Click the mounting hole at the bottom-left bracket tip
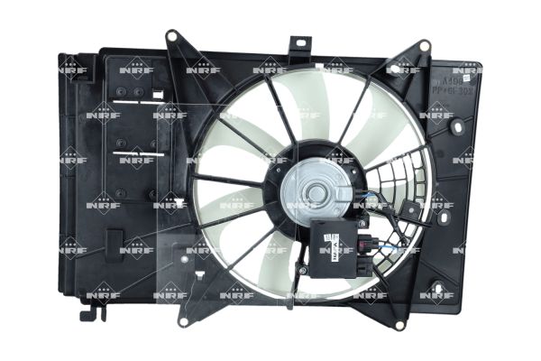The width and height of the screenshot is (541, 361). coord(183,320)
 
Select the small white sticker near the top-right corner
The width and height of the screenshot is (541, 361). coord(467,79)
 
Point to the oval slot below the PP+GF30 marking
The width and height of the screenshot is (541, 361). coord(458,127)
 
